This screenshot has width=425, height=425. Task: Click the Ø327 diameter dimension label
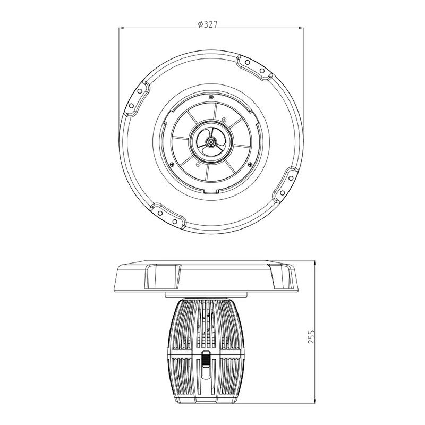pos(208,24)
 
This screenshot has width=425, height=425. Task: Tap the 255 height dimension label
pos(312,337)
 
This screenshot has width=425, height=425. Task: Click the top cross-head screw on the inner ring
pos(211,97)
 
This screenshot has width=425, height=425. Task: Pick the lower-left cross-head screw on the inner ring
pos(172,164)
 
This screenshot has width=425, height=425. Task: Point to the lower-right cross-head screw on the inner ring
pos(250,164)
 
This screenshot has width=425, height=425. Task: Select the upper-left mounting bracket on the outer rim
pos(136,98)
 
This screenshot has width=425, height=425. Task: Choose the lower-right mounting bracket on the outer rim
pos(286,185)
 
